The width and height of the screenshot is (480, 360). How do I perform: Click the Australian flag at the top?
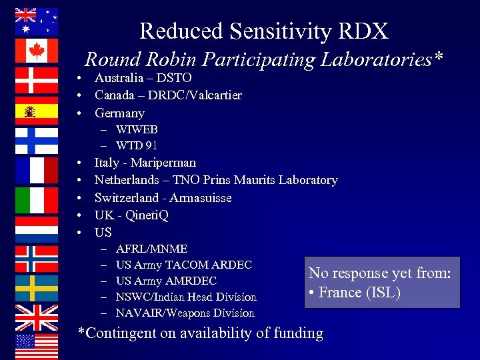[x=36, y=21]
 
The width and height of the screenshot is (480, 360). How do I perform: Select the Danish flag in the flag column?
[x=36, y=81]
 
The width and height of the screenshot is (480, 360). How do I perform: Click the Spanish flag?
[x=36, y=111]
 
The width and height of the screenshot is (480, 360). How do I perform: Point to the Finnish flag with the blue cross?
[x=36, y=140]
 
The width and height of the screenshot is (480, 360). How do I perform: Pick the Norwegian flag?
[x=36, y=259]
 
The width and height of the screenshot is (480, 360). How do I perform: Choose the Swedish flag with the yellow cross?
[x=36, y=289]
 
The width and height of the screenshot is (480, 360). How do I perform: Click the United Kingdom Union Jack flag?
[x=36, y=318]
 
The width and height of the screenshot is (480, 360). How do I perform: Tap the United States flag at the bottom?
[x=36, y=347]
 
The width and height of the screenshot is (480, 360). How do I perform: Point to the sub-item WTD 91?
[x=137, y=145]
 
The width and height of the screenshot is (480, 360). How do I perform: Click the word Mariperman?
[x=163, y=163]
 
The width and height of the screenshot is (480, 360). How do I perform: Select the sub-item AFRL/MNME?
[x=151, y=249]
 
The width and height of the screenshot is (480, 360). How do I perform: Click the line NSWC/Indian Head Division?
[x=186, y=297]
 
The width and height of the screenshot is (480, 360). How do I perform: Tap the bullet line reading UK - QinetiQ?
[x=131, y=215]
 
